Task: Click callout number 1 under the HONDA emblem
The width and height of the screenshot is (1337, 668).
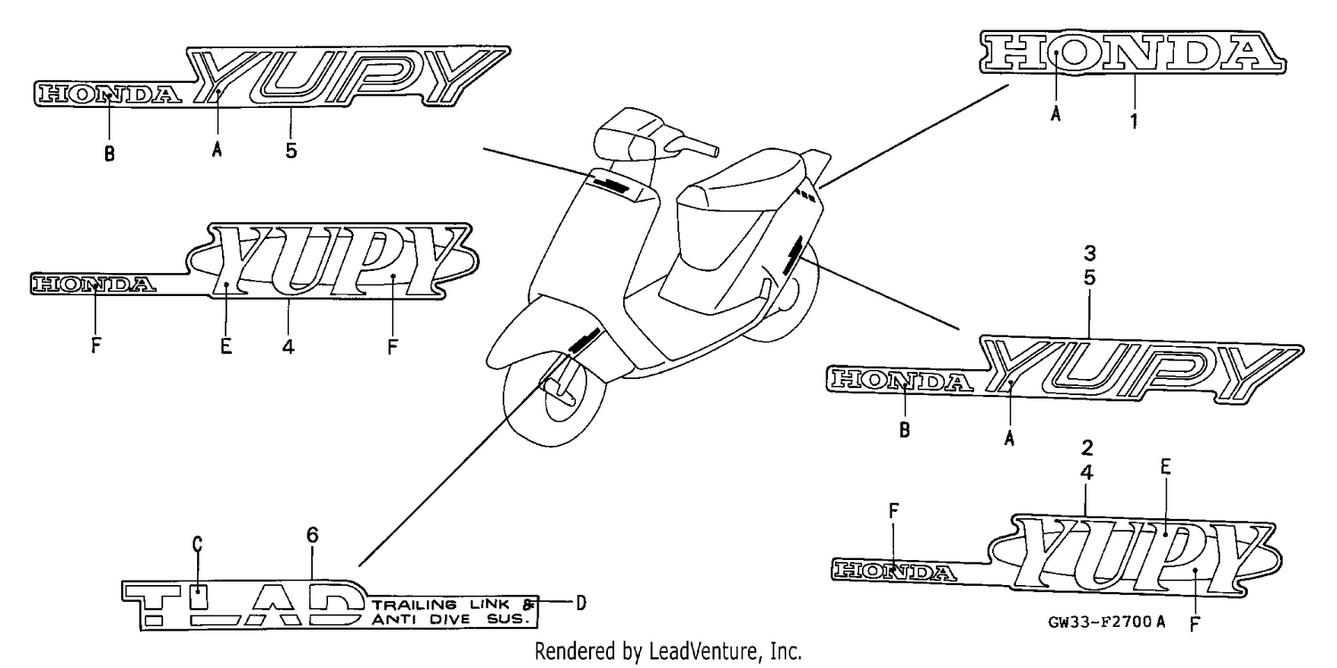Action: (x=1134, y=121)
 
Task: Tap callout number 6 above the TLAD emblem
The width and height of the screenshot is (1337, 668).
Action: (x=312, y=535)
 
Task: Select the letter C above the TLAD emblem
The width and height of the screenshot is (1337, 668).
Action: (x=198, y=544)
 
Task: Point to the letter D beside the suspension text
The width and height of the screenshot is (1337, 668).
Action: (x=581, y=603)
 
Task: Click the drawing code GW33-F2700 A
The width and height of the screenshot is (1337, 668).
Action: (x=1106, y=622)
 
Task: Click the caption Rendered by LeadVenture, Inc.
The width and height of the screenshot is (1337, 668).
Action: (x=668, y=651)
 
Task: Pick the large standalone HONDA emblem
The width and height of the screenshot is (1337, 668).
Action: (x=1132, y=53)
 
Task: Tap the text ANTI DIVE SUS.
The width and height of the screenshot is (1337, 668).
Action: (x=451, y=620)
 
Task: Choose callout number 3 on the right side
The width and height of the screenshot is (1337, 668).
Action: (x=1089, y=253)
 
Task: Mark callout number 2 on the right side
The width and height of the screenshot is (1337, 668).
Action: (x=1087, y=448)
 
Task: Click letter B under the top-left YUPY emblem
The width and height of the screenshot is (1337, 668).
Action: (x=110, y=154)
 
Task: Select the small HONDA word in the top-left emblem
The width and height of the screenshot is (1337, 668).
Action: (x=110, y=95)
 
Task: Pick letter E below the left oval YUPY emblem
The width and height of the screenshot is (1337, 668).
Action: (x=226, y=346)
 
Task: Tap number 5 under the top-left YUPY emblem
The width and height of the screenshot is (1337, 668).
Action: (x=291, y=151)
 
